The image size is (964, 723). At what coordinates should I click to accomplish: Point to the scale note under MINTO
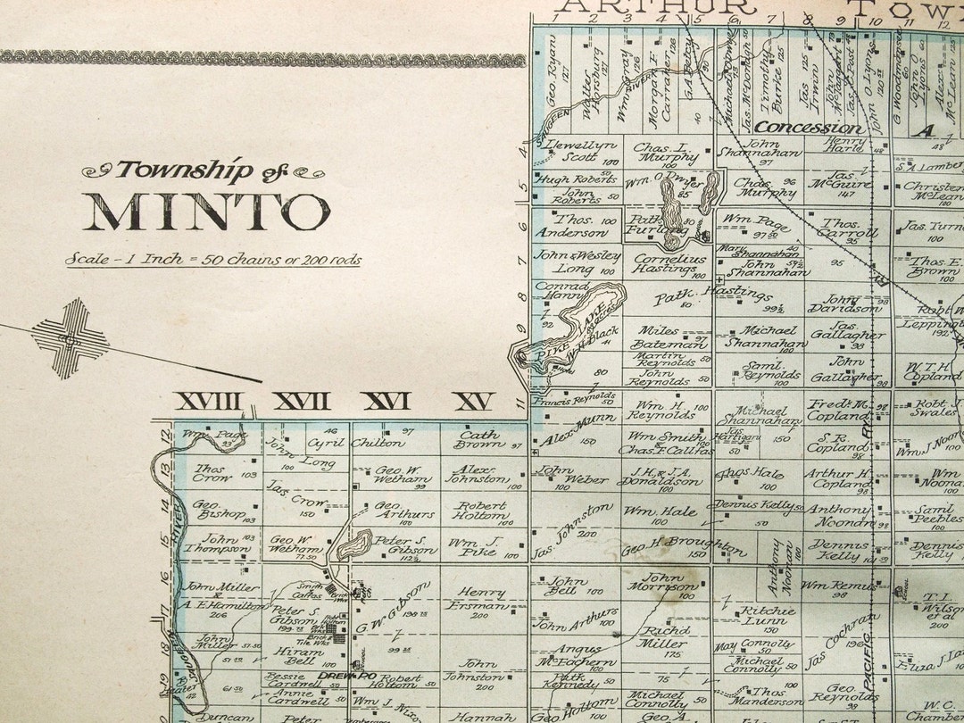pyautogui.click(x=213, y=260)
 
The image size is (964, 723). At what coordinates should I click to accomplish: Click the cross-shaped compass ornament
pyautogui.click(x=70, y=338)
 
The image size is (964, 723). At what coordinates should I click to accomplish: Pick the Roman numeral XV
pyautogui.click(x=473, y=402)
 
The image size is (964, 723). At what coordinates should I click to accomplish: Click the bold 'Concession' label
pyautogui.click(x=810, y=128)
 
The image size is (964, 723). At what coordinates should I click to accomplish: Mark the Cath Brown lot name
pyautogui.click(x=479, y=438)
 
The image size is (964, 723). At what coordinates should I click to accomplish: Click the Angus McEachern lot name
pyautogui.click(x=574, y=655)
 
